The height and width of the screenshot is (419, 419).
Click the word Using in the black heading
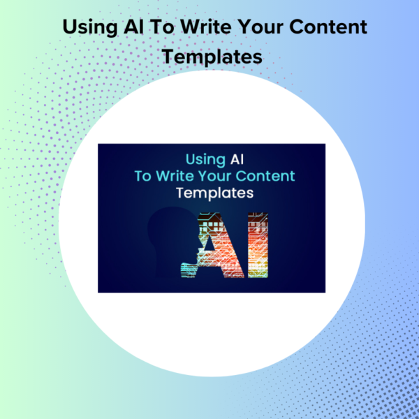pos(90,27)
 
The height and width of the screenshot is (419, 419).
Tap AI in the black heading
pos(133,27)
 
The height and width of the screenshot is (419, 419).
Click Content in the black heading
pos(328,27)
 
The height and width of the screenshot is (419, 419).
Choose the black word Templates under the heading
pos(212,57)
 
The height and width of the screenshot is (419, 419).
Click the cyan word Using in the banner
pos(205,160)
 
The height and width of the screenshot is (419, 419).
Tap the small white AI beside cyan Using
pos(237,159)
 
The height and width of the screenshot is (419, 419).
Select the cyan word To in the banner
pos(143,176)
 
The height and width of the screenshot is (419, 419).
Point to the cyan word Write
pos(175,176)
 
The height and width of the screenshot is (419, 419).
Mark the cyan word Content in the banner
pos(265,176)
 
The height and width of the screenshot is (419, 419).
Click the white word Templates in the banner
pos(214,193)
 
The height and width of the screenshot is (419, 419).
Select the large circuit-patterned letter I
pos(258,245)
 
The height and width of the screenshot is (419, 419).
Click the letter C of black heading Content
pos(297,27)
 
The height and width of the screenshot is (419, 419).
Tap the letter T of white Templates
pos(181,193)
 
